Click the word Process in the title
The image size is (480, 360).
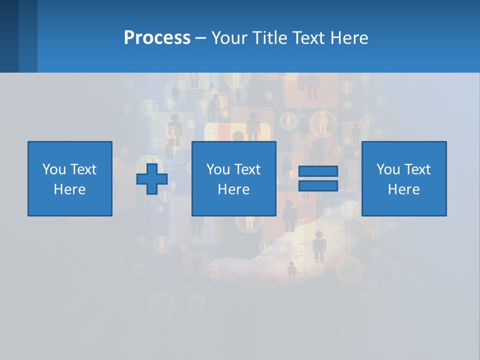[x=157, y=38]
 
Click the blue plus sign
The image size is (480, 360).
[x=152, y=178]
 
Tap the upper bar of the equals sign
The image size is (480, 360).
[x=318, y=171]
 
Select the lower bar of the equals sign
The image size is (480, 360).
[x=318, y=185]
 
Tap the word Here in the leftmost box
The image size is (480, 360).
[x=69, y=189]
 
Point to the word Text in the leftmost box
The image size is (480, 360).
[x=83, y=169]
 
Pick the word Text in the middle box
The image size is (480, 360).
[x=247, y=169]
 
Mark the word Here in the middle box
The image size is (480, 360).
[x=233, y=189]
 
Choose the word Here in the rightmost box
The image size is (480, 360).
[x=403, y=189]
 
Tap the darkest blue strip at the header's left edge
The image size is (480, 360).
[x=9, y=36]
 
